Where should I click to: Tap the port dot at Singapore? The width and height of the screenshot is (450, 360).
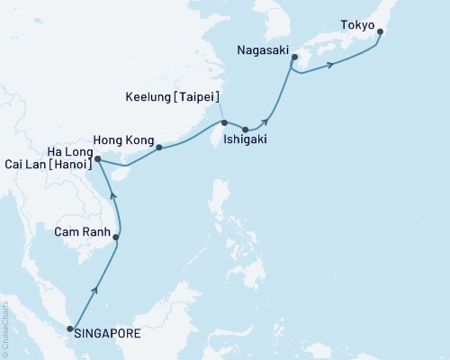[x=71, y=330]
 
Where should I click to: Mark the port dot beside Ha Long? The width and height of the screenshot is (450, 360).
[x=97, y=159]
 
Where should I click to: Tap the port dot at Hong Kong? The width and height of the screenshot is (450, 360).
[x=159, y=147]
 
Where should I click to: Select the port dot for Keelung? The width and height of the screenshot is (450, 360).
[x=224, y=122]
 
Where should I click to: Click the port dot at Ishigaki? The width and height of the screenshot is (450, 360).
[x=246, y=130]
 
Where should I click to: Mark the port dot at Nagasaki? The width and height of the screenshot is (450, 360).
[x=294, y=61]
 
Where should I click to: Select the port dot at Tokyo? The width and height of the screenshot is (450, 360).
[x=380, y=32]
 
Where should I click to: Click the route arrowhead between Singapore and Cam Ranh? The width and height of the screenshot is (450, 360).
[x=94, y=290]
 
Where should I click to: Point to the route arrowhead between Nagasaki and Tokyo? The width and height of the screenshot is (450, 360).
[x=333, y=64]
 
